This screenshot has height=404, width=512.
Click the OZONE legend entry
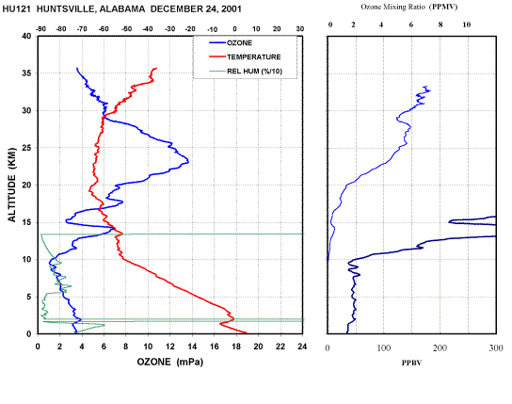[231, 43]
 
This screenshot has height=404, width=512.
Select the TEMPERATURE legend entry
[245, 57]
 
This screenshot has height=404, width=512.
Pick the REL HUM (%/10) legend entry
[246, 72]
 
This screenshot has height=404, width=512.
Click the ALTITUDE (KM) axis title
[12, 185]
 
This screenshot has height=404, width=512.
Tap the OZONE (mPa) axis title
[169, 362]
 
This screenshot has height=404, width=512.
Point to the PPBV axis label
[411, 363]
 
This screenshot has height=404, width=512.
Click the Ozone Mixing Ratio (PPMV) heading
[409, 7]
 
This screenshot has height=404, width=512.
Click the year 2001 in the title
[232, 9]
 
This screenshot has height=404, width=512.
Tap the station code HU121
[17, 9]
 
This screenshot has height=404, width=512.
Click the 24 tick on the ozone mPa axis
[302, 347]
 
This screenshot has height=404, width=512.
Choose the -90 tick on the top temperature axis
[40, 29]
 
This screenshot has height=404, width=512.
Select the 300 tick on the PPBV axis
[496, 348]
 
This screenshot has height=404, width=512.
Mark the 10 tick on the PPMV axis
[467, 24]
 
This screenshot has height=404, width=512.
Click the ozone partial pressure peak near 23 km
[188, 161]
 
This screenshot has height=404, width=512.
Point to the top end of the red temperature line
[156, 68]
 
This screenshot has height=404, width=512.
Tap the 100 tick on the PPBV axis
[384, 348]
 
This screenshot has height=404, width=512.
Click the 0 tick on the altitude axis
[29, 334]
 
